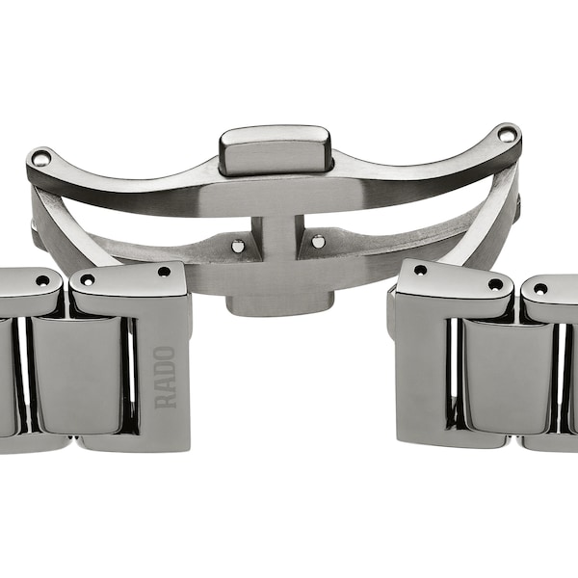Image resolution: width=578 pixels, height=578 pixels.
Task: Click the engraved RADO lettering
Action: pyautogui.click(x=166, y=377)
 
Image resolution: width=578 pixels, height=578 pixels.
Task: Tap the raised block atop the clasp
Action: pyautogui.click(x=275, y=148)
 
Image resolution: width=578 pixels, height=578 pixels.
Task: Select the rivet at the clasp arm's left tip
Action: pyautogui.click(x=40, y=157)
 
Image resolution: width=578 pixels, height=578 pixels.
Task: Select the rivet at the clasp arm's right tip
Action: pyautogui.click(x=507, y=135)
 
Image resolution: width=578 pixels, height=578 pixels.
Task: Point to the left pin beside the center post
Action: pyautogui.click(x=238, y=246)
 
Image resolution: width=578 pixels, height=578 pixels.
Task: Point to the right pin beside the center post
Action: pyautogui.click(x=318, y=242)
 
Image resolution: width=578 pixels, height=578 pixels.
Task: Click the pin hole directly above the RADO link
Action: pyautogui.click(x=164, y=272)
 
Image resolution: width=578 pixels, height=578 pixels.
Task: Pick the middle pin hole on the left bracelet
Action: pyautogui.click(x=88, y=279)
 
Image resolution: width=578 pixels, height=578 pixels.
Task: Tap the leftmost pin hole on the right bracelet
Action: pyautogui.click(x=420, y=270)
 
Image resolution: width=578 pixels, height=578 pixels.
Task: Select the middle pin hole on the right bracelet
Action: pyautogui.click(x=495, y=283)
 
